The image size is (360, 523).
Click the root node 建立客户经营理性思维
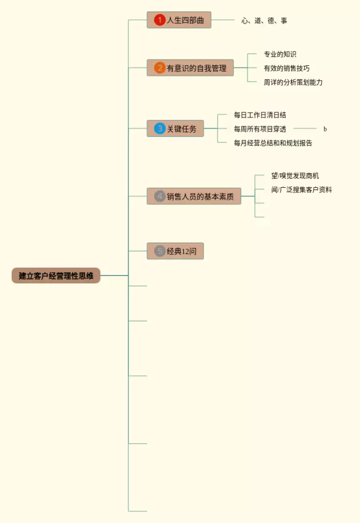coord(56,276)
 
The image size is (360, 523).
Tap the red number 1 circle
coord(160,20)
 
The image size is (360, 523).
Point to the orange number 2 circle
coord(160,68)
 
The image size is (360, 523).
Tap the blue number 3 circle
coord(160,129)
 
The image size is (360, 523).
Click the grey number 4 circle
coord(160,196)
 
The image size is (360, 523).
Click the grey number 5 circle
coord(160,251)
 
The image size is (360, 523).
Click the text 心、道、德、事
coord(264,21)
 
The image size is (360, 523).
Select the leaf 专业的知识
coord(280,55)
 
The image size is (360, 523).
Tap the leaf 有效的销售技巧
coord(286,69)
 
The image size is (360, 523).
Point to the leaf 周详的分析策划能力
coord(293,82)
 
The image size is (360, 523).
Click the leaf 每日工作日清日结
coord(260,115)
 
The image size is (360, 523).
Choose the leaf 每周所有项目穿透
coord(260,129)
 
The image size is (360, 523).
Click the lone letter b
coord(325,129)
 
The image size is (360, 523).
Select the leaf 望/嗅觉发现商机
coord(295,176)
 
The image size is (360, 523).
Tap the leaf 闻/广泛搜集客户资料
coord(301,190)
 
